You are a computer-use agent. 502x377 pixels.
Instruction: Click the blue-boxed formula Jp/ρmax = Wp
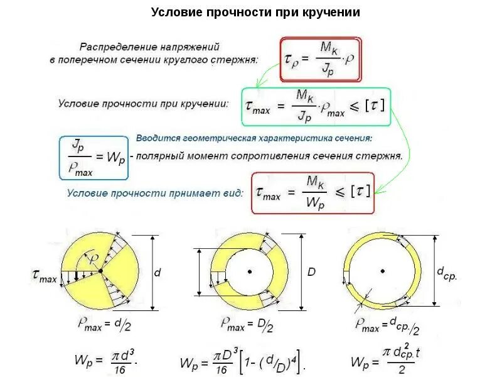pyautogui.click(x=93, y=157)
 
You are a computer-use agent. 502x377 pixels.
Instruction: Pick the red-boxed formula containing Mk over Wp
pyautogui.click(x=312, y=192)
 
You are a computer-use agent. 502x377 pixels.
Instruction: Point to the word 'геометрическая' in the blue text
pyautogui.click(x=232, y=138)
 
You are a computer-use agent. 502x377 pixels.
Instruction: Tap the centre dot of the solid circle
pyautogui.click(x=100, y=271)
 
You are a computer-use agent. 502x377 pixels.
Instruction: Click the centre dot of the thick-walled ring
pyautogui.click(x=250, y=271)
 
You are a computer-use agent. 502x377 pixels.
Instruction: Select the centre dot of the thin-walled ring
pyautogui.click(x=383, y=271)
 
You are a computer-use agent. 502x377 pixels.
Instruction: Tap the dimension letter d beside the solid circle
pyautogui.click(x=158, y=272)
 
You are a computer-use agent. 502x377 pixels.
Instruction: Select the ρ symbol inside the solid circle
pyautogui.click(x=95, y=259)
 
